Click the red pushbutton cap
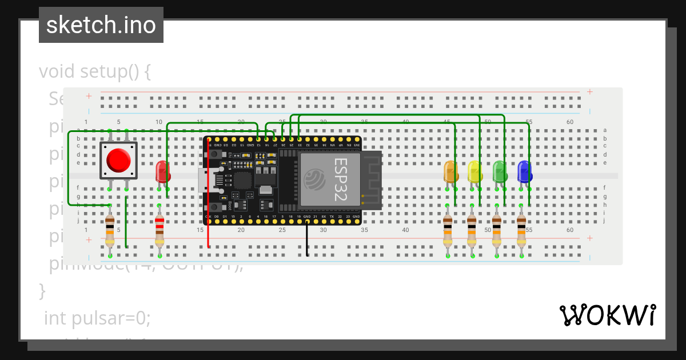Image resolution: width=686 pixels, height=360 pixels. [x=118, y=160]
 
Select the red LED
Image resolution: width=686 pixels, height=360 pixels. [x=162, y=171]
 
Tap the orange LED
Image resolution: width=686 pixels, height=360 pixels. [x=450, y=171]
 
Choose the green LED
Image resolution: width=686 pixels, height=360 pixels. [x=499, y=171]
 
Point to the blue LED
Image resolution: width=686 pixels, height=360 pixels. [x=524, y=171]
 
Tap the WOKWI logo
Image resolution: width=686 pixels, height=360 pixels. [x=607, y=315]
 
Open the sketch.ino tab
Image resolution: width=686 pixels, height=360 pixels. [x=101, y=25]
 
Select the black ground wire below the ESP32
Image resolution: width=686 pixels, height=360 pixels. [x=308, y=240]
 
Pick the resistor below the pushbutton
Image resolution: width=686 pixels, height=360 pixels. [x=110, y=230]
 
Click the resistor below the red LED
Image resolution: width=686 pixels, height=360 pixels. [x=159, y=230]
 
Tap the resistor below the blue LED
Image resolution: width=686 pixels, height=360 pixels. [x=521, y=230]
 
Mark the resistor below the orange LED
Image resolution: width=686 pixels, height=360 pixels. [x=448, y=230]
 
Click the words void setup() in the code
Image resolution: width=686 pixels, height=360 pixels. [x=94, y=73]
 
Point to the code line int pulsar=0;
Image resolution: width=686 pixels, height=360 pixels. [x=97, y=318]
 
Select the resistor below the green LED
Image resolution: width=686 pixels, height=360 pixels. [x=497, y=230]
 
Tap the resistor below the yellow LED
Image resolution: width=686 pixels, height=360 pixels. [x=472, y=230]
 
